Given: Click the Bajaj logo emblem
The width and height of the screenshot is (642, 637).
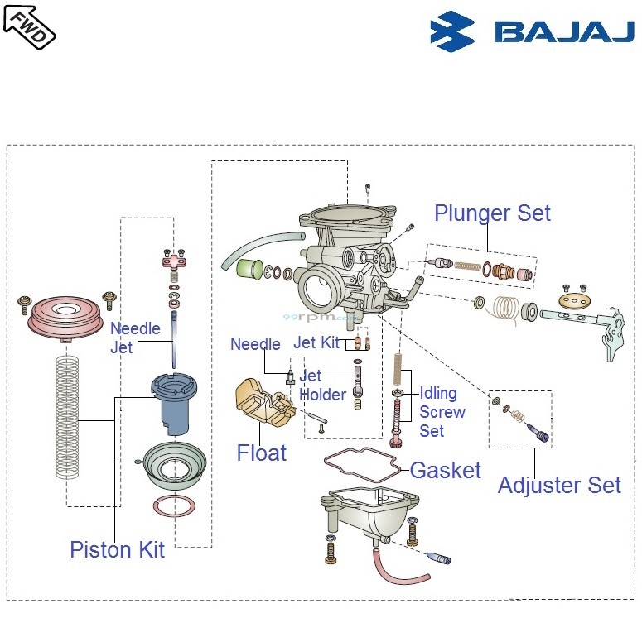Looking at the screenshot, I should (452, 31).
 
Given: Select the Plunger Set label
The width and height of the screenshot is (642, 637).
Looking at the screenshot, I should (492, 213).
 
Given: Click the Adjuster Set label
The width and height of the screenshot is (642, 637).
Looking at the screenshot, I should (559, 486).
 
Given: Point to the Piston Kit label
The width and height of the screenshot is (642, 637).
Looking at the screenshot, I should (117, 549).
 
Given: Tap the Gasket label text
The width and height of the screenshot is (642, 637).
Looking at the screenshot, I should (446, 471).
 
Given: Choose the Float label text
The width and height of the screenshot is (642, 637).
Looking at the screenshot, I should (262, 453).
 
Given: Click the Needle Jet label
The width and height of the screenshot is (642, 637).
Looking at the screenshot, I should (135, 338).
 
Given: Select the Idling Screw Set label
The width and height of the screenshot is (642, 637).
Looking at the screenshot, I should (442, 412).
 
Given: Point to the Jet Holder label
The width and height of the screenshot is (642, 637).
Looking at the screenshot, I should (322, 386).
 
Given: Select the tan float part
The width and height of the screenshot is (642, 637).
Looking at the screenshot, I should (261, 402).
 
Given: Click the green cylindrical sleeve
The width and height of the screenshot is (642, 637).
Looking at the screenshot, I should (249, 270).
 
